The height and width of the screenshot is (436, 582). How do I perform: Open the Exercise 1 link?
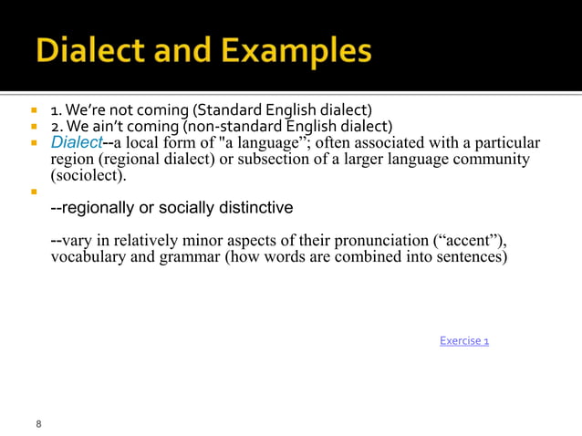(x=464, y=341)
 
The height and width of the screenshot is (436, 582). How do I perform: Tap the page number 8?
(x=38, y=424)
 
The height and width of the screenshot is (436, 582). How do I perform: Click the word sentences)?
(x=471, y=257)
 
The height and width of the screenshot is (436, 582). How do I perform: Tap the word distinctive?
(x=258, y=208)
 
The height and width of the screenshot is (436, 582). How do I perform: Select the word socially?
(x=188, y=208)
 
